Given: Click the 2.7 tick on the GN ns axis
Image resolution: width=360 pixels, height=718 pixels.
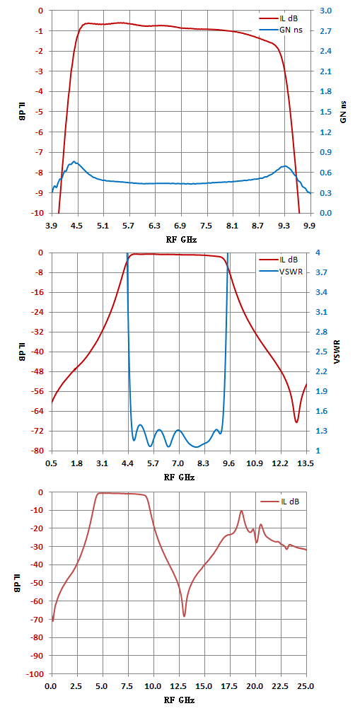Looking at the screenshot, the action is coord(330,30).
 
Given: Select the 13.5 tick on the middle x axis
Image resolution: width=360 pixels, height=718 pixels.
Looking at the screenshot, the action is coord(306,463).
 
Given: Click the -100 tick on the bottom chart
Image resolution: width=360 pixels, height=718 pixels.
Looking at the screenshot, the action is coord(36,674).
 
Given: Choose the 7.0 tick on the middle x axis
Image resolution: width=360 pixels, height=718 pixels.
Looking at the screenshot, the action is coord(179,463).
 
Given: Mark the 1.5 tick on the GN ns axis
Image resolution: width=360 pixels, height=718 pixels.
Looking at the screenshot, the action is coord(330,112).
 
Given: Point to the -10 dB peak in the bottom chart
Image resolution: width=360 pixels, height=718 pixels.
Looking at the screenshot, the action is coord(241,511).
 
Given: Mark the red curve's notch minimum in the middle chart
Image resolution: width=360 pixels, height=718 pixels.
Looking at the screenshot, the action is coord(296,422).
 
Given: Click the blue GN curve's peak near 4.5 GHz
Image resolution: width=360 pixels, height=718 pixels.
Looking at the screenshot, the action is coord(74,162).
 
